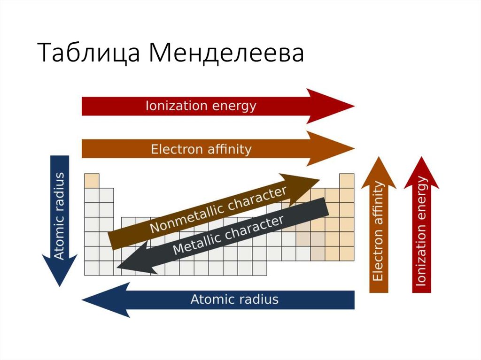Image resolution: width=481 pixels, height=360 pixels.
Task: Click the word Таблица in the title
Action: click(89, 53)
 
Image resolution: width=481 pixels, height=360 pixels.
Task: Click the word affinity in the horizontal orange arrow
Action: click(228, 149)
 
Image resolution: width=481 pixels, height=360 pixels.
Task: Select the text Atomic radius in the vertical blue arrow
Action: click(60, 216)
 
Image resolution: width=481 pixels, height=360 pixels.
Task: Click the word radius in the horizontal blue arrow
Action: click(257, 299)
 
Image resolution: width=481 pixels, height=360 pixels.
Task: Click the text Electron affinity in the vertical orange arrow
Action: click(378, 232)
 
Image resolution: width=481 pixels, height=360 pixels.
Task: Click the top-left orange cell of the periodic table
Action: click(92, 181)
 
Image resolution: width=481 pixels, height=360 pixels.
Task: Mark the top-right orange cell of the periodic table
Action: click(347, 181)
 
